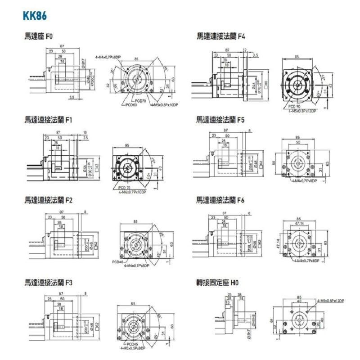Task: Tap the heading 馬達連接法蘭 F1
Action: coord(49,120)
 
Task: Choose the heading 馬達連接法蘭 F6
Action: coord(220,199)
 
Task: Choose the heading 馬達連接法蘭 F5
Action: coord(220,120)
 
